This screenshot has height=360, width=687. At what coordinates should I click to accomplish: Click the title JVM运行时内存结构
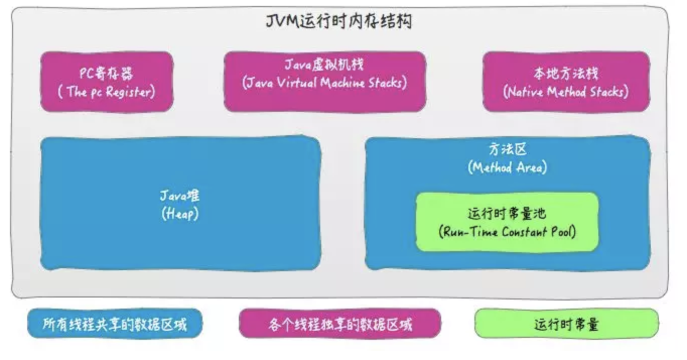[338, 22]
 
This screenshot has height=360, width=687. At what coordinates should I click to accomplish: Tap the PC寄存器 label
[106, 74]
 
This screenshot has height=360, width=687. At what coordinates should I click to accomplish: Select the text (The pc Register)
[106, 92]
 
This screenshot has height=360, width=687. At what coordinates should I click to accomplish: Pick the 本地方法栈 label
[566, 74]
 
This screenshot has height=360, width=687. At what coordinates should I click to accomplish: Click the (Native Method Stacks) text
[566, 92]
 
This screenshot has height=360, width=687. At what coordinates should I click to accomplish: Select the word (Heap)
[180, 213]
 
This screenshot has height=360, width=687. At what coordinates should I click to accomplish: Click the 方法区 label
[507, 149]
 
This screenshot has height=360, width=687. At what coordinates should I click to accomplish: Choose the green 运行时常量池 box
[507, 222]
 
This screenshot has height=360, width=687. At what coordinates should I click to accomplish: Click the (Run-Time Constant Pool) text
[507, 232]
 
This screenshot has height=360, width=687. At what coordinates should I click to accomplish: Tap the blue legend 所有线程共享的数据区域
[115, 324]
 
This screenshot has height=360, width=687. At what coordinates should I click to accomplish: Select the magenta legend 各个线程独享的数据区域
[340, 324]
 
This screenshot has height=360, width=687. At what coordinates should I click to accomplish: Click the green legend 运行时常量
[566, 324]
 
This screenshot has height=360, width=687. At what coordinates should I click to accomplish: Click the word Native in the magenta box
[525, 92]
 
